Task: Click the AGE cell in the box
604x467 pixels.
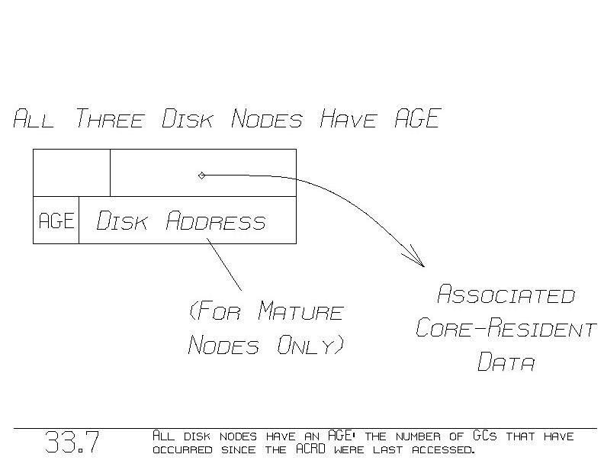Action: [x=56, y=221]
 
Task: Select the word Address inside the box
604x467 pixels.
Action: [x=216, y=221]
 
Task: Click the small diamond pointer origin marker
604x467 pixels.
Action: [x=201, y=176]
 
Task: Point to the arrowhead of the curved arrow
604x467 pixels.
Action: [x=418, y=260]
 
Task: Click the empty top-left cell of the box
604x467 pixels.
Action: [x=72, y=173]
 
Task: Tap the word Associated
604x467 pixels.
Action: [x=506, y=295]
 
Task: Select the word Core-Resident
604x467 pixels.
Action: [x=506, y=329]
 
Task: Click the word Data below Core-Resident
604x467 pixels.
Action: [x=506, y=362]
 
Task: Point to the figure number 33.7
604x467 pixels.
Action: [x=72, y=443]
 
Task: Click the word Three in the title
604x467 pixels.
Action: [x=109, y=120]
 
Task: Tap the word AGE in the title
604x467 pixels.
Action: [x=417, y=119]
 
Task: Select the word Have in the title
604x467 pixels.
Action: [x=349, y=120]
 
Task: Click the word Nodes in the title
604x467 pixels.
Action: [x=267, y=120]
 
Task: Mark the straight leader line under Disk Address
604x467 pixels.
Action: [x=224, y=264]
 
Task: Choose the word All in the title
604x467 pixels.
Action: [x=34, y=120]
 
